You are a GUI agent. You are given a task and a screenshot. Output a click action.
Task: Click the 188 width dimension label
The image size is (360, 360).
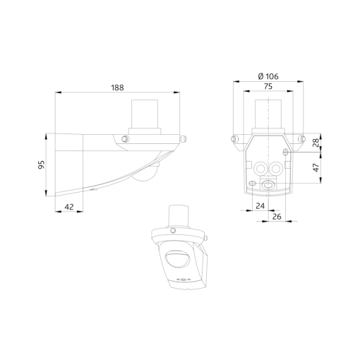[x=117, y=88]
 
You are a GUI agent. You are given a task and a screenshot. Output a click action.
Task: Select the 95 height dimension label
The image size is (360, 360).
[x=41, y=164]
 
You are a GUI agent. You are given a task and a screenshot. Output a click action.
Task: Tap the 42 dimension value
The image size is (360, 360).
[x=69, y=207]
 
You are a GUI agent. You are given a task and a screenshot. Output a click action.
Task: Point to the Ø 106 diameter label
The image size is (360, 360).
[x=269, y=76]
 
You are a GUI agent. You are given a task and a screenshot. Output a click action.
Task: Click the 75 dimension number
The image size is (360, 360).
[x=269, y=87]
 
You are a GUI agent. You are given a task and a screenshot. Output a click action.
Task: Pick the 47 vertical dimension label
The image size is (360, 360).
[x=316, y=168]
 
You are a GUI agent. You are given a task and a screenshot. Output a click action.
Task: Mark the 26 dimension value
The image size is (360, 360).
[x=277, y=216]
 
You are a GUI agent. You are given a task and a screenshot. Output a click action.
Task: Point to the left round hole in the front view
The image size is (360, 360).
[x=262, y=168]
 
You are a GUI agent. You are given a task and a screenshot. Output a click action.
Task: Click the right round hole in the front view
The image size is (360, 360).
[x=276, y=168]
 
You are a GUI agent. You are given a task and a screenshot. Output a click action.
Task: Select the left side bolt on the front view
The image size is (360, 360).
[x=234, y=140]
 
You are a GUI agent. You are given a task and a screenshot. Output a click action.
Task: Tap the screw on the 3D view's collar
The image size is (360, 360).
[x=172, y=231]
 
